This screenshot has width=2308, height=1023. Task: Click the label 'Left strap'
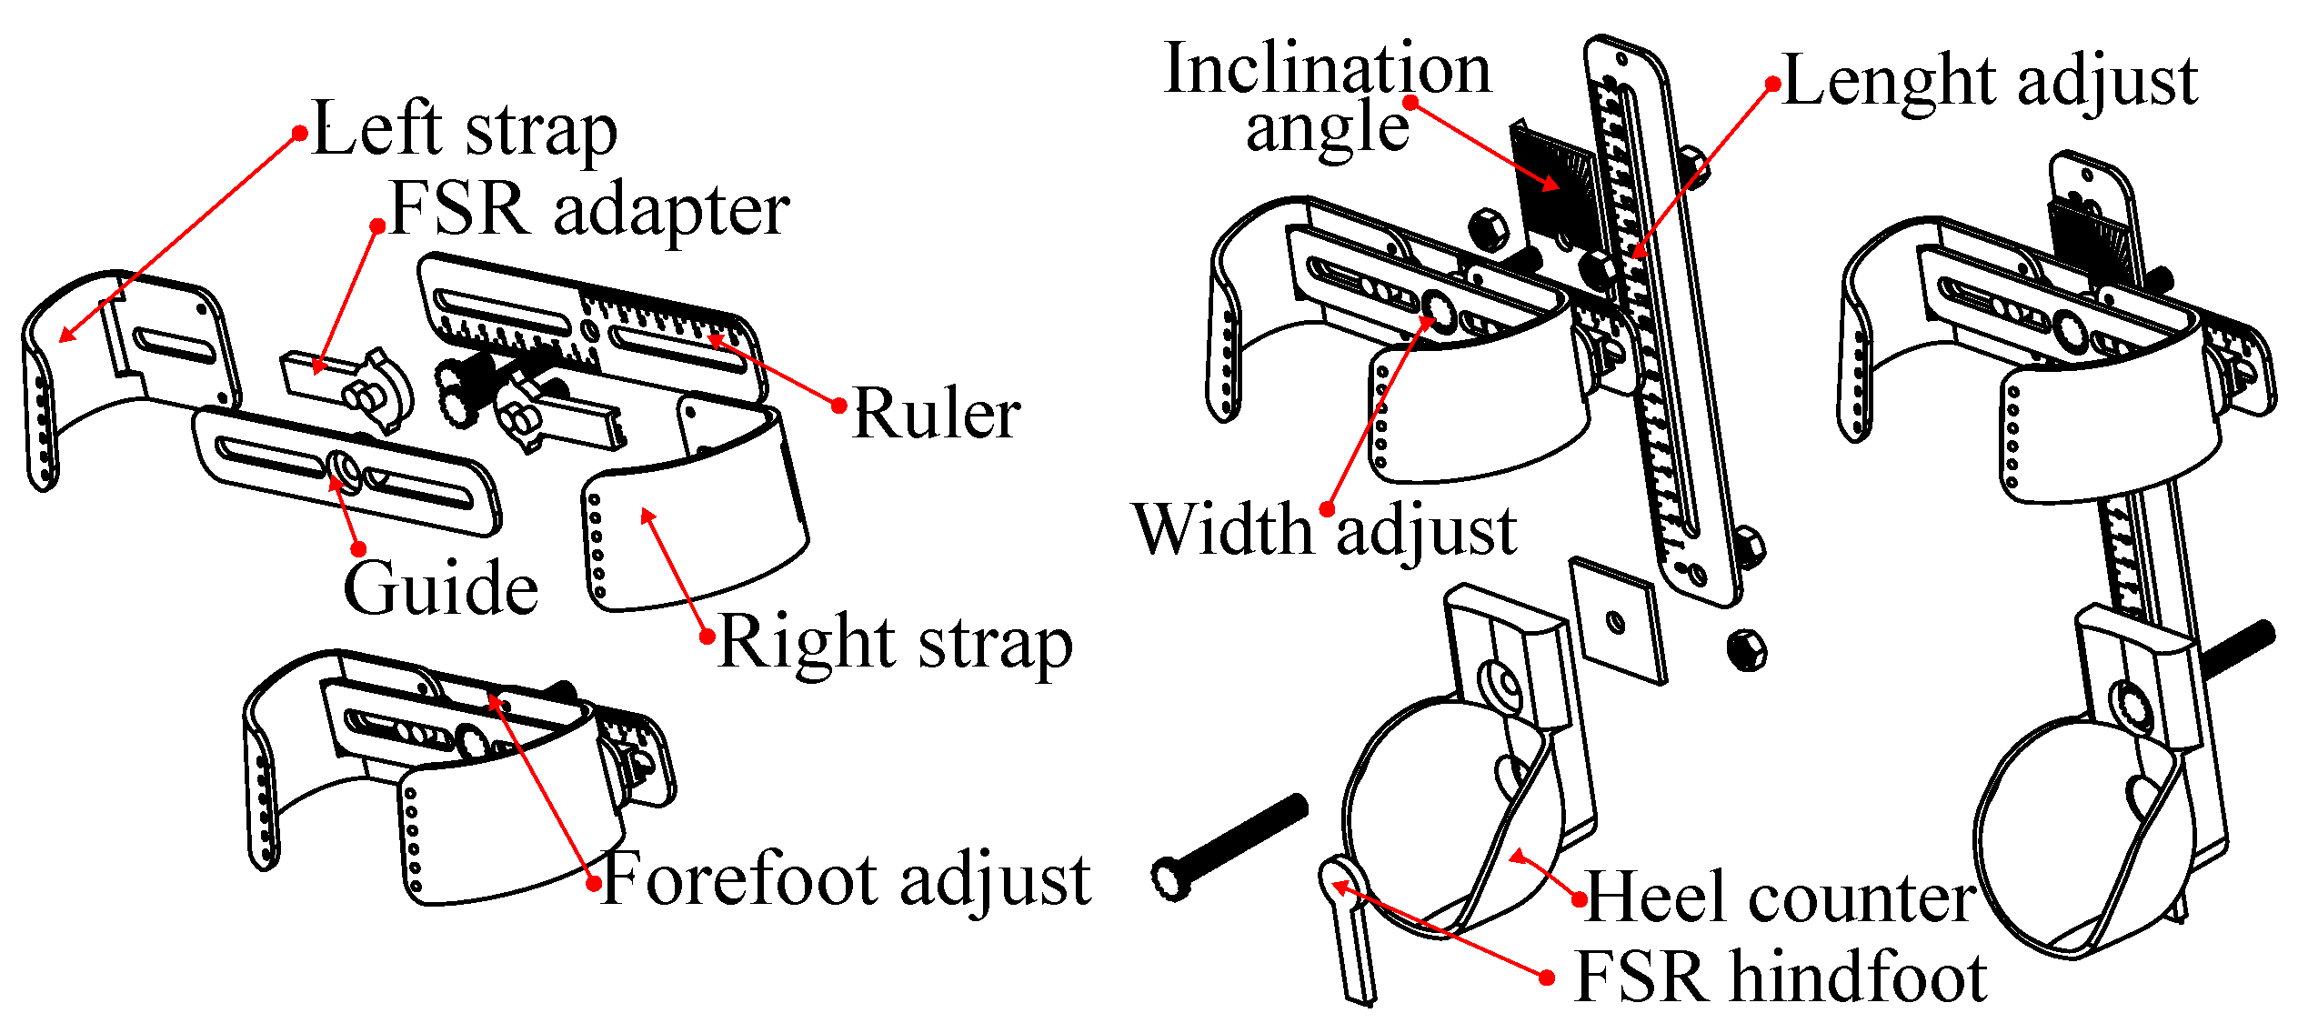pos(464,130)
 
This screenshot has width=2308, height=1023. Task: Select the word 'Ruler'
pos(936,414)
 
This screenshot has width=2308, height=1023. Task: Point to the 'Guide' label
pos(440,588)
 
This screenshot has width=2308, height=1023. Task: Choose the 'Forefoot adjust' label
pos(846,879)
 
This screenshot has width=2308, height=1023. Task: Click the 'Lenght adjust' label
pos(1990,82)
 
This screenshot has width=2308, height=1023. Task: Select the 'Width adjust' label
pos(1324,529)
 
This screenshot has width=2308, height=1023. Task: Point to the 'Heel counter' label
pos(1780,898)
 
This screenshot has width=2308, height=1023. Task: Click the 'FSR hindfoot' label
pos(1780,978)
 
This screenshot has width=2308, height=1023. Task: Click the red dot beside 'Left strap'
pos(299,134)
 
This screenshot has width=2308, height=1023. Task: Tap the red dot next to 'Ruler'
pos(839,406)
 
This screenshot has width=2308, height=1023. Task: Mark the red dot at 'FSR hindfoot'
pos(1547,978)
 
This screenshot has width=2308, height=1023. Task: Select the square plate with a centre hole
pos(1619,620)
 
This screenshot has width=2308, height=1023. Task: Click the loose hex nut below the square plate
pos(1746,649)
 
